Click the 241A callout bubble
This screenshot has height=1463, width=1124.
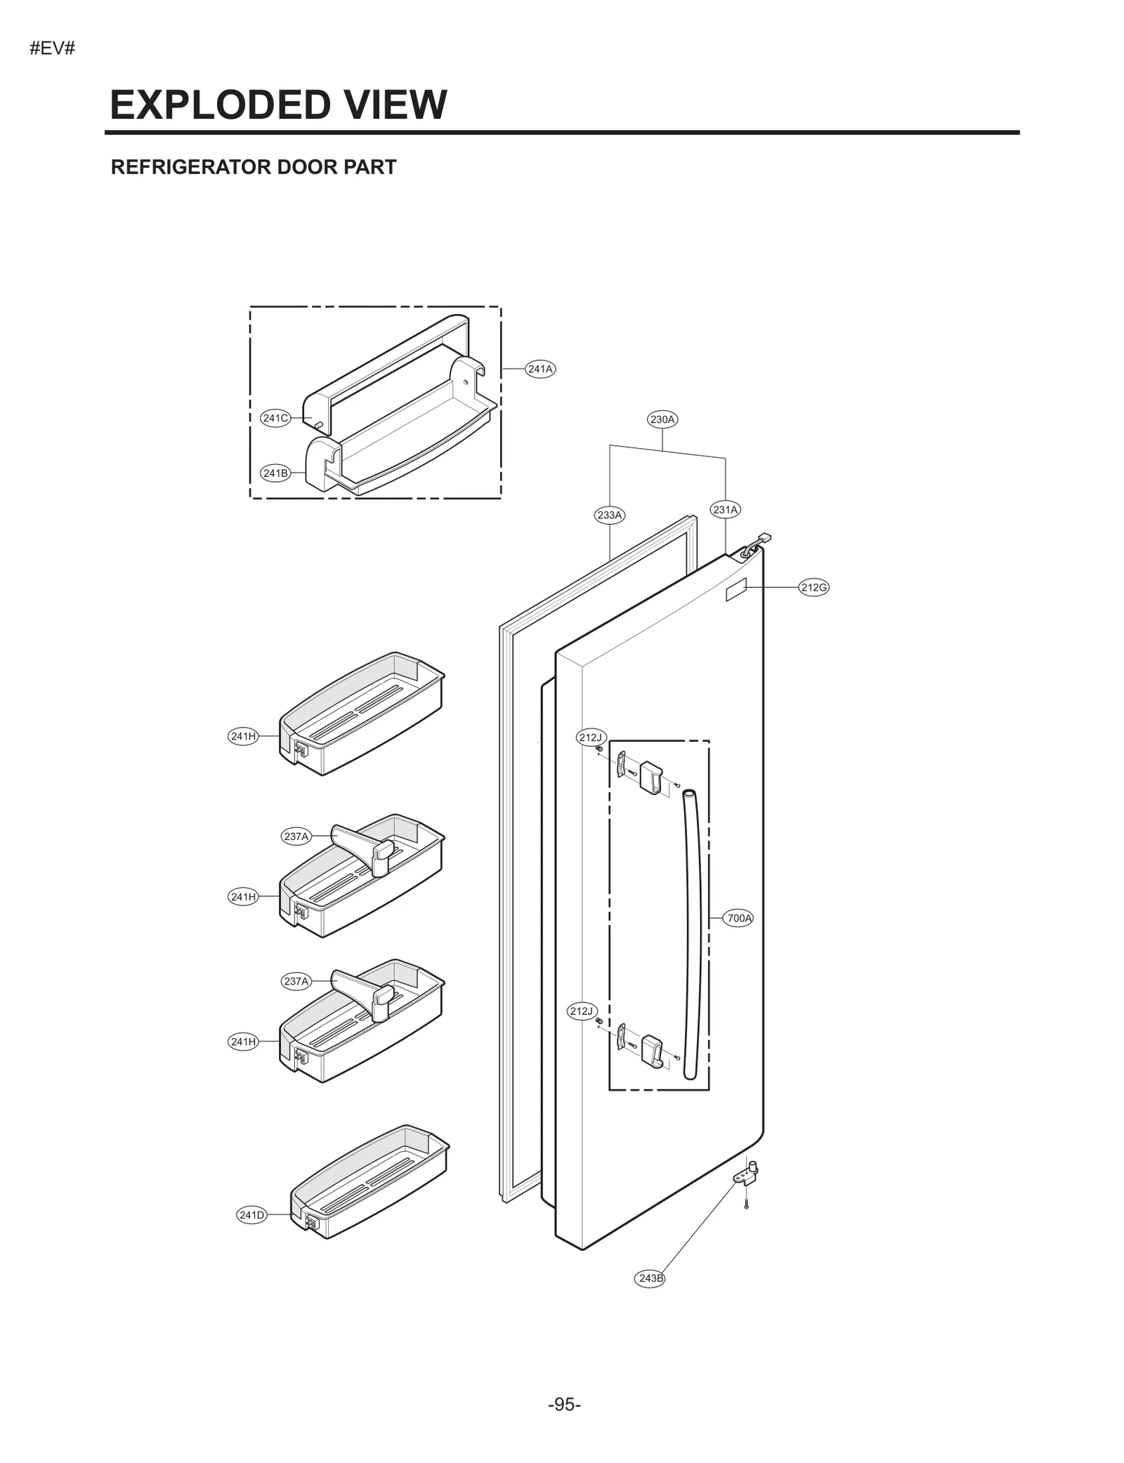(x=540, y=369)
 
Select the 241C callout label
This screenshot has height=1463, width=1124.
(x=275, y=419)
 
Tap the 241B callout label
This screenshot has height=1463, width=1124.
(x=275, y=473)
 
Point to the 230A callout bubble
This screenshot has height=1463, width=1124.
(x=662, y=420)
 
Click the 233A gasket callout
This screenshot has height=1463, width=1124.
(x=609, y=515)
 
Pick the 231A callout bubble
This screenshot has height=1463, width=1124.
(x=725, y=510)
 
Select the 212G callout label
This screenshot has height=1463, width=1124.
(x=813, y=587)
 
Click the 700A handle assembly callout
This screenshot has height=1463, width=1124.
(x=739, y=918)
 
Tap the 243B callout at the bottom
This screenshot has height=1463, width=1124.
(x=651, y=1278)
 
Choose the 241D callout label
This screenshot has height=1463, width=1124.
(x=251, y=1215)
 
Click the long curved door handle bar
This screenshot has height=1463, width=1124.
(x=693, y=934)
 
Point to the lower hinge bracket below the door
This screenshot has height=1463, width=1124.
(x=747, y=1175)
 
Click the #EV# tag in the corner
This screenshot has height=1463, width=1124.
(x=53, y=49)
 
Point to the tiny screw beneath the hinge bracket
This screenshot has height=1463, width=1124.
(x=746, y=1205)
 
